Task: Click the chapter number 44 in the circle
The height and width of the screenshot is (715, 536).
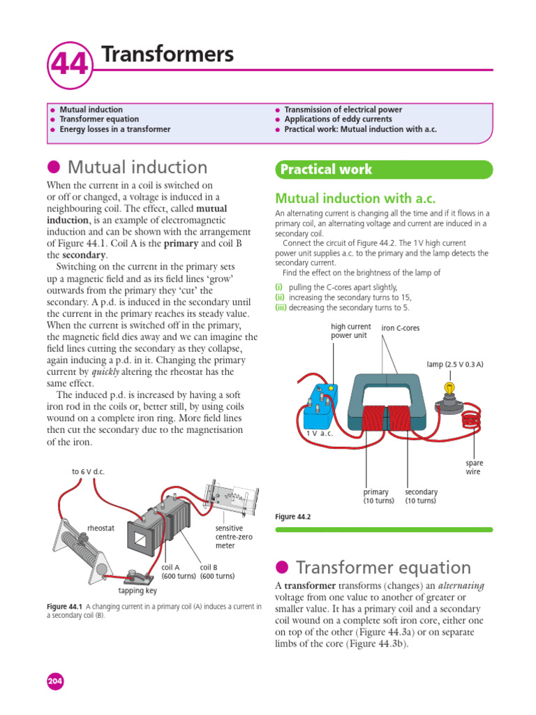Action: coord(68,64)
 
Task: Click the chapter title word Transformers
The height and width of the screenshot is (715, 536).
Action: coord(167,54)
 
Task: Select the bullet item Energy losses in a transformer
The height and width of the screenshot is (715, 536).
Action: coord(114,129)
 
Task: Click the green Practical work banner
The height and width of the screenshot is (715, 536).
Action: coord(384,170)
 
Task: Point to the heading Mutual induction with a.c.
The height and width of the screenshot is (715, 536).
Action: coord(355,198)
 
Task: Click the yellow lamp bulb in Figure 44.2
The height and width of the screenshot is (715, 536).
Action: coord(450,388)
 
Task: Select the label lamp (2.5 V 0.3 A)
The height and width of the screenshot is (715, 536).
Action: coord(454,364)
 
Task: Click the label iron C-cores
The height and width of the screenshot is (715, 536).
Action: coord(401,328)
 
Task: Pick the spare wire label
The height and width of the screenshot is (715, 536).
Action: coord(474,467)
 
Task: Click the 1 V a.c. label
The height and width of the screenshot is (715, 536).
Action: coord(320,434)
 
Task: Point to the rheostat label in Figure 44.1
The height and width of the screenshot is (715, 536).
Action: coord(100,528)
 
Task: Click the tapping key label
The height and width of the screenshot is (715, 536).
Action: coord(137,591)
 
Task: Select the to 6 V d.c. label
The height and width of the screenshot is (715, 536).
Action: coord(87,471)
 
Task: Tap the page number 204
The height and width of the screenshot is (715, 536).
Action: coord(54,681)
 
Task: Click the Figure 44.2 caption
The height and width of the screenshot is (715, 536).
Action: coord(292,517)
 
